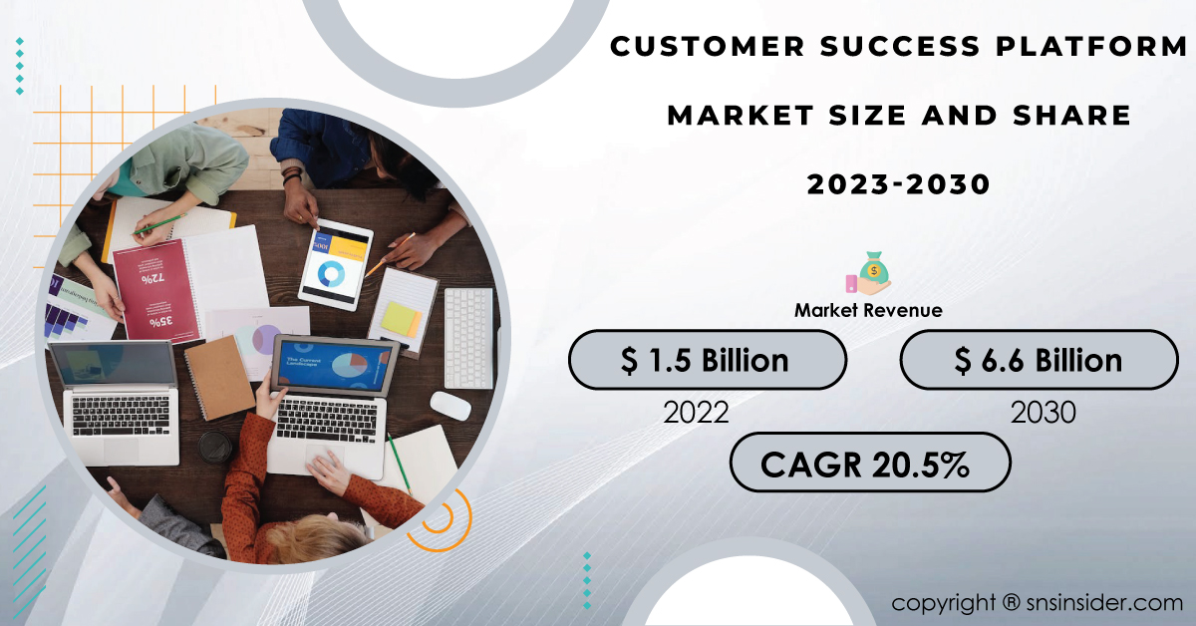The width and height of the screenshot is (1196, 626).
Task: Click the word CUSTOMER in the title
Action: click(708, 46)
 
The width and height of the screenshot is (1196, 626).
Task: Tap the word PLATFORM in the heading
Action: click(1092, 46)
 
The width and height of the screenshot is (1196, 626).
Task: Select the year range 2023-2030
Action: click(899, 184)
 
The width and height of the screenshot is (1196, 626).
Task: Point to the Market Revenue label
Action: click(868, 310)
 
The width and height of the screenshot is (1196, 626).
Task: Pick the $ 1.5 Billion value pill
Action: click(708, 360)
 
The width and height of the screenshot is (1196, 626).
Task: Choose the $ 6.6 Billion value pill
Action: click(1039, 360)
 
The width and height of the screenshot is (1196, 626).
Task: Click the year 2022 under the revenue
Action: click(696, 413)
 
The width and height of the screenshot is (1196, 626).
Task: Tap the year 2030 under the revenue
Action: click(1043, 413)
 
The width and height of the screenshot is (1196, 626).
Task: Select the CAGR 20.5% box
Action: click(870, 463)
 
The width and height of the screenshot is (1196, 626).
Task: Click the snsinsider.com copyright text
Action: click(1037, 603)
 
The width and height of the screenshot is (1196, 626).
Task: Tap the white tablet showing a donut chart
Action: click(336, 265)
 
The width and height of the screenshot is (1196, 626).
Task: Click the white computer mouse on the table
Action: click(450, 406)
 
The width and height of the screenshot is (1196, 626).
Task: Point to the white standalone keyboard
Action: click(468, 339)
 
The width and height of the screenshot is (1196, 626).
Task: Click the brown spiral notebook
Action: click(219, 378)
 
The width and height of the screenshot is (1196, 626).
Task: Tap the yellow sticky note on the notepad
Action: click(401, 319)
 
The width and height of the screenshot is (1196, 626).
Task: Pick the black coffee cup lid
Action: click(215, 447)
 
